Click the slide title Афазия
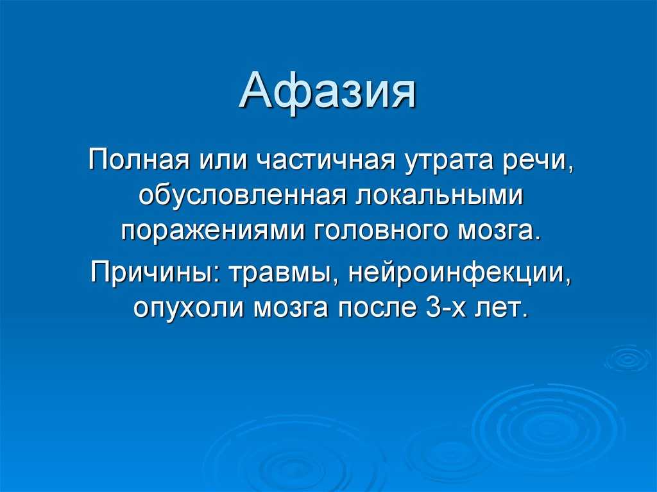click(328, 90)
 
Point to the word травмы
click(284, 273)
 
